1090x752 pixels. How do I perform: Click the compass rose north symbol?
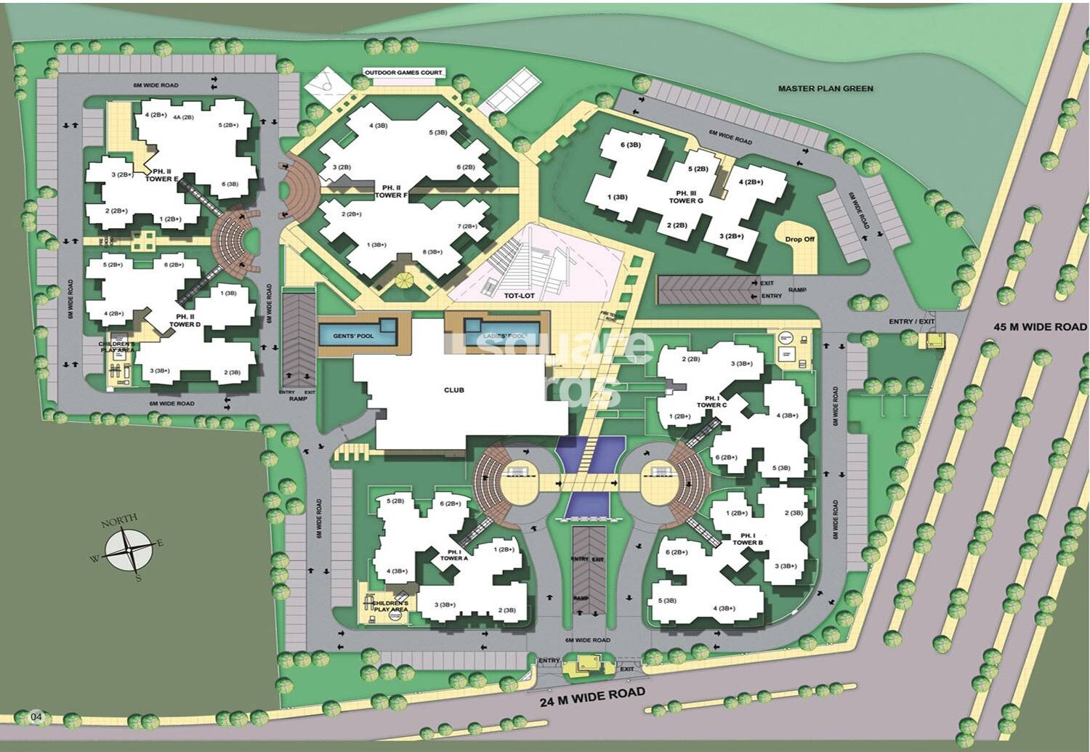[129, 550]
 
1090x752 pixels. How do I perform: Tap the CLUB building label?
[453, 390]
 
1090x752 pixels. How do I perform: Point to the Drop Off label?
[799, 238]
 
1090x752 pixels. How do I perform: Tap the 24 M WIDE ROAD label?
[592, 695]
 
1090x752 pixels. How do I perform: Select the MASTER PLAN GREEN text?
[825, 89]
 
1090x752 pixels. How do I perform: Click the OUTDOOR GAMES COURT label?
[404, 73]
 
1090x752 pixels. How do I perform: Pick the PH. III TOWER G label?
[685, 196]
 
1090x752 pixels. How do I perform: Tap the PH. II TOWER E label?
[161, 175]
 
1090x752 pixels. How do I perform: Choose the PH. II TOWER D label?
[184, 320]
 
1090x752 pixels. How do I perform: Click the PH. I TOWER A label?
[454, 554]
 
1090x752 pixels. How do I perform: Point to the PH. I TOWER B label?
[748, 538]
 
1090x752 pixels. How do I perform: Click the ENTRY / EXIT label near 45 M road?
[911, 322]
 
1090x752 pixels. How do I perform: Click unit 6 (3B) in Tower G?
[630, 145]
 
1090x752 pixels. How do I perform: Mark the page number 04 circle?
[37, 718]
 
